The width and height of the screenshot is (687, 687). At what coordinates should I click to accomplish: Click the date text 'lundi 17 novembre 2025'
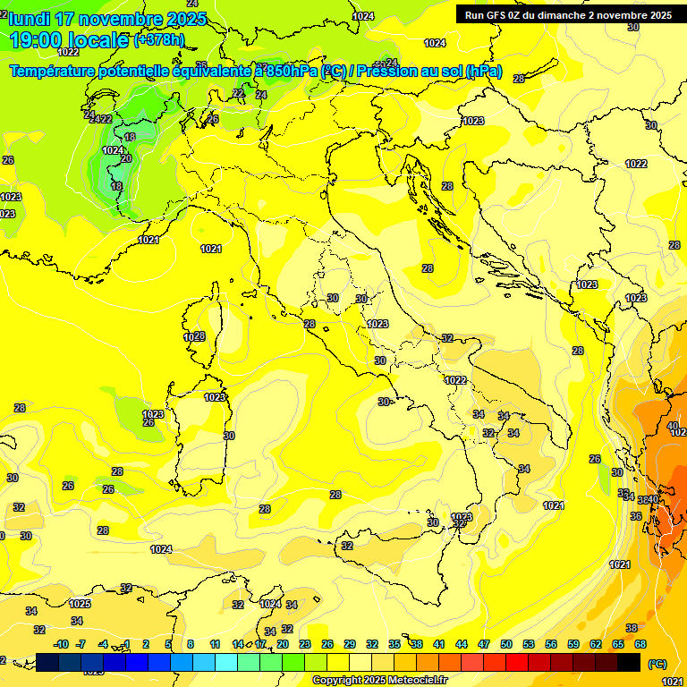coord(107,19)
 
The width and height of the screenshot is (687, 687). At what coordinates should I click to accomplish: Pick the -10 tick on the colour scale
coord(61,644)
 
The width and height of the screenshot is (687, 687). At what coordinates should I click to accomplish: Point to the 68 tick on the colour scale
coord(640,644)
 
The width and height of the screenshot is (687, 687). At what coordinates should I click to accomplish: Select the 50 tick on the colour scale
coord(506,644)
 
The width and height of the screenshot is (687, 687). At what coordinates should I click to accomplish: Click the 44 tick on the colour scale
coord(462,644)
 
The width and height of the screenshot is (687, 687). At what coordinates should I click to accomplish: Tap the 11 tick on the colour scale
coord(216,644)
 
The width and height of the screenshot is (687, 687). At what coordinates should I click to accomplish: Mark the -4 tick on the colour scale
coord(104,644)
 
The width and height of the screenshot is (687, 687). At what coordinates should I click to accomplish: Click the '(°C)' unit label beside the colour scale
coord(657,663)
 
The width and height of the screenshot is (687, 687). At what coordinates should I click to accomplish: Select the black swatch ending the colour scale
coord(629,662)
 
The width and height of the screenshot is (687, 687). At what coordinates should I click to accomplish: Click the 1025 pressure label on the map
coord(80,604)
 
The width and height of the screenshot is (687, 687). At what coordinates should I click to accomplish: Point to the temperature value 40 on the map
coord(672,426)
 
